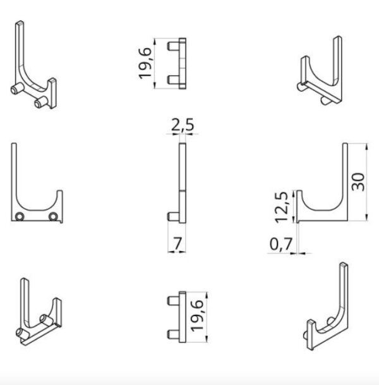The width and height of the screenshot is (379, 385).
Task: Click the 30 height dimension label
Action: (x=358, y=181)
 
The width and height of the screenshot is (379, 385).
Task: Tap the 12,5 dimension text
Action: (x=281, y=207)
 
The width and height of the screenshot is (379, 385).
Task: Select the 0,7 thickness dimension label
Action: (x=281, y=244)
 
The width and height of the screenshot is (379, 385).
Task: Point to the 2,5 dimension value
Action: (x=183, y=125)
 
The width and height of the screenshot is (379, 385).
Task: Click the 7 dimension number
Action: (x=177, y=243)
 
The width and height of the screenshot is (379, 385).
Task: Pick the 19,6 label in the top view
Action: (x=145, y=63)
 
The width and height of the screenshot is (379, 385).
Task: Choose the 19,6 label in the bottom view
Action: (x=197, y=316)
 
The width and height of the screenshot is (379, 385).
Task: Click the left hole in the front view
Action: (x=20, y=217)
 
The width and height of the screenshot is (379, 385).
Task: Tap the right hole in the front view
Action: (x=53, y=217)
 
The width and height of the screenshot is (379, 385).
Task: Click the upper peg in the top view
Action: (x=174, y=46)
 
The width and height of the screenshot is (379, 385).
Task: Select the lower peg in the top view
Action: (x=174, y=80)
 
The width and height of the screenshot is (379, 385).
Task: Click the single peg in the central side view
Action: (x=174, y=217)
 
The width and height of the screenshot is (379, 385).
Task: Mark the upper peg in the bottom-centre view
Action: (x=174, y=301)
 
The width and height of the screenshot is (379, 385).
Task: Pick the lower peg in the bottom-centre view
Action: (x=174, y=334)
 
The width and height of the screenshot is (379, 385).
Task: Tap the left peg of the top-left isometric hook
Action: (x=17, y=89)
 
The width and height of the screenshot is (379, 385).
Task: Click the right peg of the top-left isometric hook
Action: (x=40, y=102)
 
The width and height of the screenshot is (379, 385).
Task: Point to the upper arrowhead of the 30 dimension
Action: (x=366, y=147)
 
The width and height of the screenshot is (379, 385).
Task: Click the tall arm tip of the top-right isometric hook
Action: (x=338, y=38)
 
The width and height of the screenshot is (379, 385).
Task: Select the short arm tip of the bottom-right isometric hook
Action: (x=311, y=322)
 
